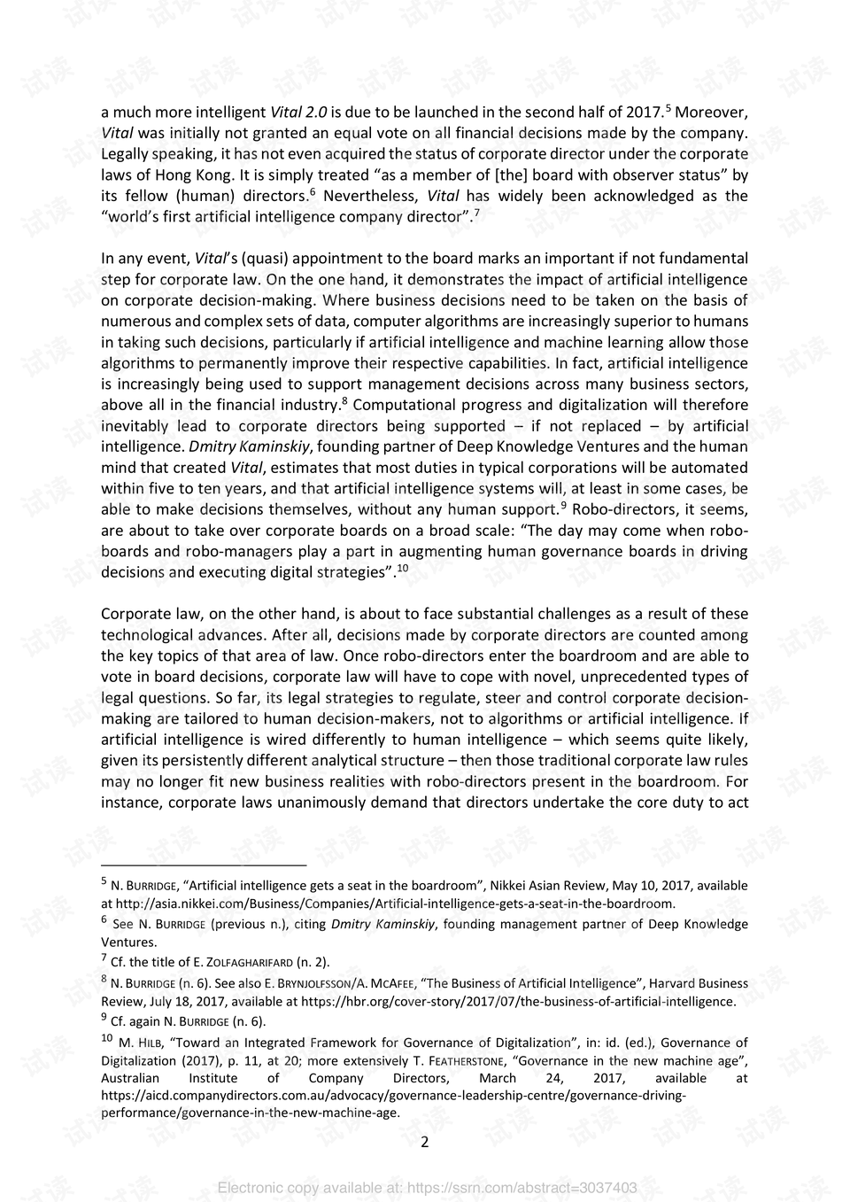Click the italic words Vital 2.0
point(298,112)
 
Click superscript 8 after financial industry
point(344,400)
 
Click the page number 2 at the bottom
point(424,1142)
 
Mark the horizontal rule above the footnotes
point(203,865)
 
